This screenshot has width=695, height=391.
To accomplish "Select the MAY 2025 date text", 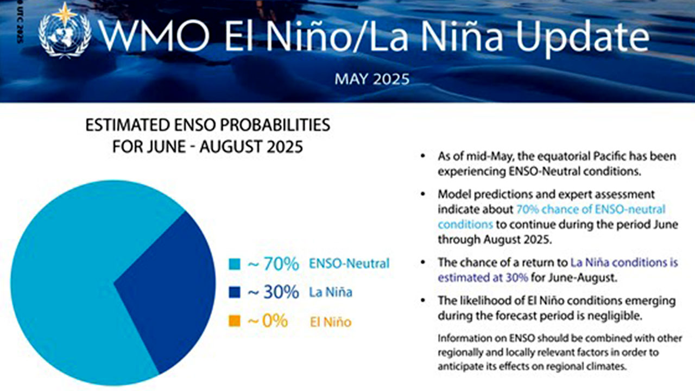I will [372, 79].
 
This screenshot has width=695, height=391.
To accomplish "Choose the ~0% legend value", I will [267, 321].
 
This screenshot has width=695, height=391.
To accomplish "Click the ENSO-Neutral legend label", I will [349, 264].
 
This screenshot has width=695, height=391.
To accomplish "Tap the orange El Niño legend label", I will [330, 322].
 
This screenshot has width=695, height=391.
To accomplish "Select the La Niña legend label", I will [330, 293].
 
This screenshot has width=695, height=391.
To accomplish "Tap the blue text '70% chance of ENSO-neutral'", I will [590, 209].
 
